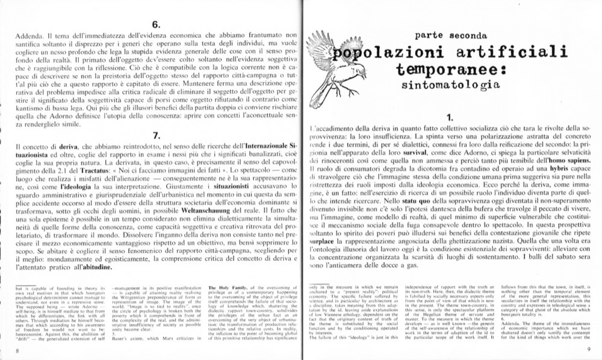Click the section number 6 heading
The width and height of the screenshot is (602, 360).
(x=155, y=25)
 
